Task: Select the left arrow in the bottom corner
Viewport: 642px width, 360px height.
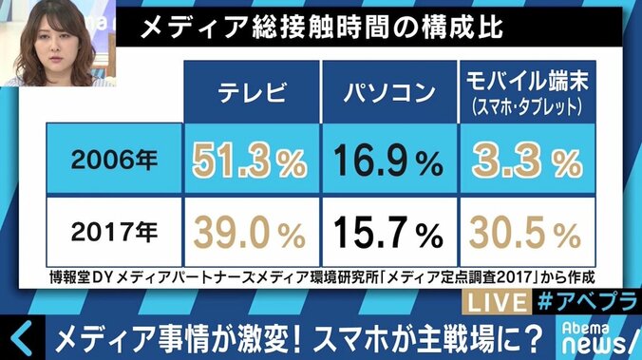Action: [21, 337]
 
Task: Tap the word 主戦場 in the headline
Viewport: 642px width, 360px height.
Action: [446, 337]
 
